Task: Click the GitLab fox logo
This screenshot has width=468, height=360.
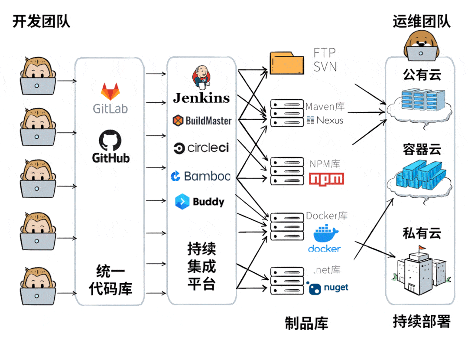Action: (x=110, y=92)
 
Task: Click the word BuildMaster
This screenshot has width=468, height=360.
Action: (x=208, y=121)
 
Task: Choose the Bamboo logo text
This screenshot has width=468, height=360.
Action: (x=207, y=176)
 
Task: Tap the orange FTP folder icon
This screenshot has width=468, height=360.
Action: (x=287, y=63)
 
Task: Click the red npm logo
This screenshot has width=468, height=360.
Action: (x=326, y=179)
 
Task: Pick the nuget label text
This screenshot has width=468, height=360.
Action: (x=335, y=288)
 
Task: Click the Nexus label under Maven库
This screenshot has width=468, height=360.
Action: (x=330, y=120)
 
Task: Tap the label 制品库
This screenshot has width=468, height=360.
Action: (x=306, y=323)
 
